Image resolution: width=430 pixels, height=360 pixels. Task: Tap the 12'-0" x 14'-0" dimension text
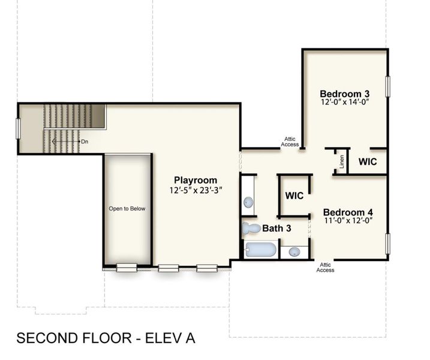[344, 103]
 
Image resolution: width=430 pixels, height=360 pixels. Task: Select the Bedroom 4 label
[348, 212]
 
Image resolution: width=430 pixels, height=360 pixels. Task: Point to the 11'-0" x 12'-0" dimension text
[348, 221]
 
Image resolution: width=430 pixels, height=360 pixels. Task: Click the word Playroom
[196, 180]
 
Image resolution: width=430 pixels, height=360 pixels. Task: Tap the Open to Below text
[127, 209]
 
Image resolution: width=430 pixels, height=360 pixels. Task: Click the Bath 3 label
[276, 229]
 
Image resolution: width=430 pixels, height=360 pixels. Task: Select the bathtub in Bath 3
[260, 250]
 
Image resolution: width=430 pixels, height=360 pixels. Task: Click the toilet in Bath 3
[250, 228]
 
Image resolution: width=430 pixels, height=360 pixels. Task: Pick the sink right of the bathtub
[294, 251]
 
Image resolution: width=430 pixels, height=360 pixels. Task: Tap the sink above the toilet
[248, 202]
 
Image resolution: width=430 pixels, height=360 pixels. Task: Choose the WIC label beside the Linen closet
[368, 162]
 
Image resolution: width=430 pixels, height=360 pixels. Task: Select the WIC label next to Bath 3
[294, 196]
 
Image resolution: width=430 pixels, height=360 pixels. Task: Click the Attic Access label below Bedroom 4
[325, 267]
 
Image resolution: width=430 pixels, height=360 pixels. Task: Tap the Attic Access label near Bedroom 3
[290, 142]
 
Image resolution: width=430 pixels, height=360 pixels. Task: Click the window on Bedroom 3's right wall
[388, 86]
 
